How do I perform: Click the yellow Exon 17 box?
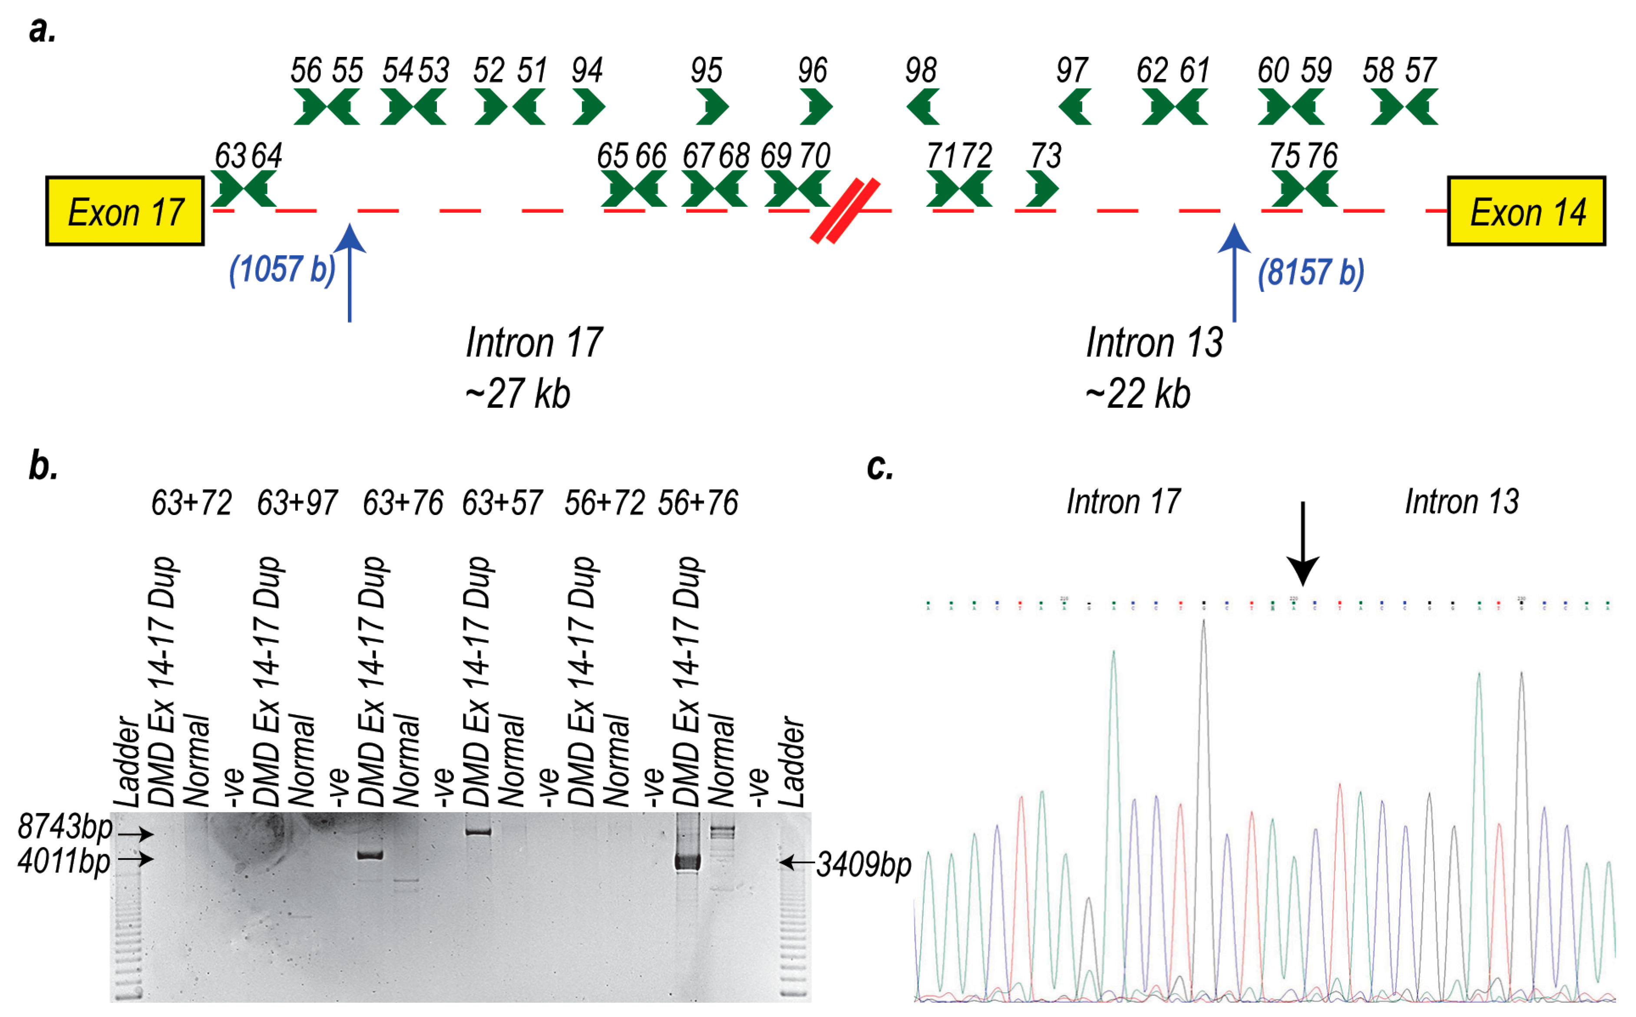coord(125,211)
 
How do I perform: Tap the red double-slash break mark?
coord(845,211)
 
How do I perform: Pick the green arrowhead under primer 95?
coord(712,107)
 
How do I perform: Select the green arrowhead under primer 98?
coord(922,107)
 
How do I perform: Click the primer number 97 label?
coord(1071,70)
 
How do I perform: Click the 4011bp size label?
coord(64,861)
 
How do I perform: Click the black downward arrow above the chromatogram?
coord(1302,545)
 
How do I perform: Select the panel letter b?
coord(43,466)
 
